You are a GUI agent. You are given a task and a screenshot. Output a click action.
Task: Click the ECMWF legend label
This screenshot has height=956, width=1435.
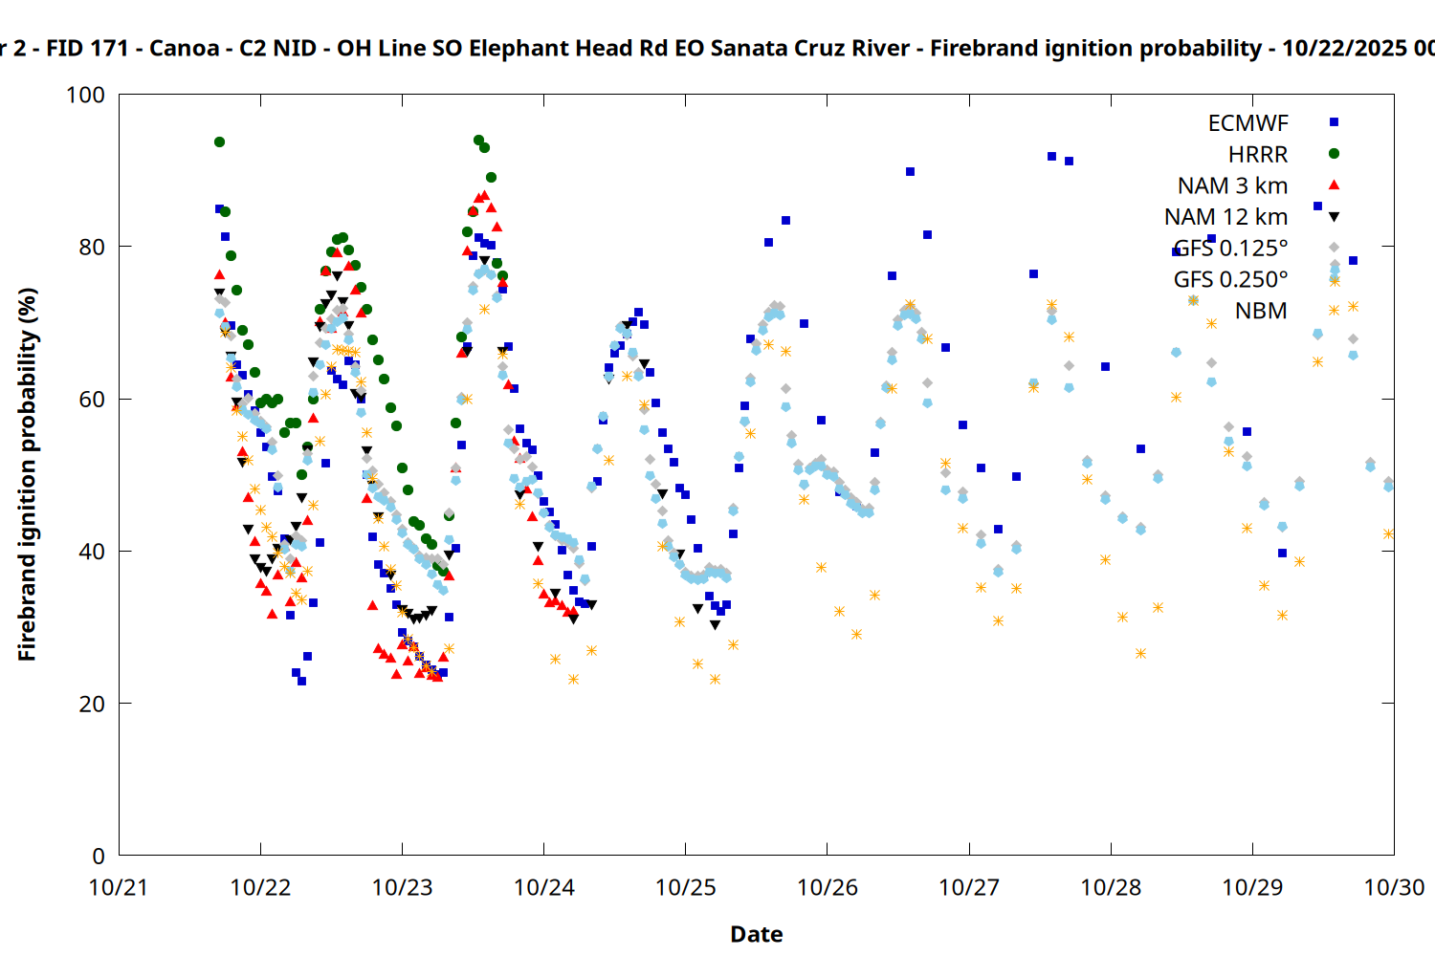coord(1247,123)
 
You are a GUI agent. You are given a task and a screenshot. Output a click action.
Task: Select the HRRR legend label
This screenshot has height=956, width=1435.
coord(1258,155)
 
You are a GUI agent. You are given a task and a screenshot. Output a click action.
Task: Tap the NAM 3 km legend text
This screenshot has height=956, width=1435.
coord(1232,185)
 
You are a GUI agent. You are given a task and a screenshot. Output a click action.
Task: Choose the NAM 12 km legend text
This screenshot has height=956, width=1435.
coord(1225,217)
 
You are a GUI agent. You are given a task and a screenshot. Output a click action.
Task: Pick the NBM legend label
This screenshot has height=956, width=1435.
coord(1261,311)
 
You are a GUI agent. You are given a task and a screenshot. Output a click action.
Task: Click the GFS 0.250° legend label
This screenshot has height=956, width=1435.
coord(1230,279)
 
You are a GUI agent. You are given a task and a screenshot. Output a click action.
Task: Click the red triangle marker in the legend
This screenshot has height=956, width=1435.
coord(1334,185)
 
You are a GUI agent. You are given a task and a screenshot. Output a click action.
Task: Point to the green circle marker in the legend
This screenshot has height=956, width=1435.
coord(1334,154)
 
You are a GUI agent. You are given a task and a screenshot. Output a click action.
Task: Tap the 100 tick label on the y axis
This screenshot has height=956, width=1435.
coord(85,95)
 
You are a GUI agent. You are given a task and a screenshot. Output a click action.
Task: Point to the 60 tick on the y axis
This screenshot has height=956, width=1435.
coord(92,399)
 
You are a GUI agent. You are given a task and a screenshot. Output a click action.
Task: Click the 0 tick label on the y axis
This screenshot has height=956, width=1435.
coord(99,856)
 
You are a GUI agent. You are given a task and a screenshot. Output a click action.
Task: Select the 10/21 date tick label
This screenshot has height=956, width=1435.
coord(119,887)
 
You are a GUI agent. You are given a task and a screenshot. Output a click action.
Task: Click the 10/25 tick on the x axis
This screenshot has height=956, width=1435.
coord(685,887)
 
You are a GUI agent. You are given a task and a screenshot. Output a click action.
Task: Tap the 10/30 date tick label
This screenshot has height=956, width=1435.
coord(1393,887)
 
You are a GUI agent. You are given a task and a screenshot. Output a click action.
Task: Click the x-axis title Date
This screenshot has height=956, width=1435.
coord(756,934)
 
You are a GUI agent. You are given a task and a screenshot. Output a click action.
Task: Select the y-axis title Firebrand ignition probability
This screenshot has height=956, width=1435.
coord(28,474)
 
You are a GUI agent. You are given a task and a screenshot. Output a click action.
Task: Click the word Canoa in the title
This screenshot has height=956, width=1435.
coord(184,48)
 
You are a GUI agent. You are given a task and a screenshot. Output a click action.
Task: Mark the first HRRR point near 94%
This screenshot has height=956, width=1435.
coord(219,141)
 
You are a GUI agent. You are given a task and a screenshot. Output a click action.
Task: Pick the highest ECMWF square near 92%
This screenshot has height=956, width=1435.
coord(1051,156)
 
